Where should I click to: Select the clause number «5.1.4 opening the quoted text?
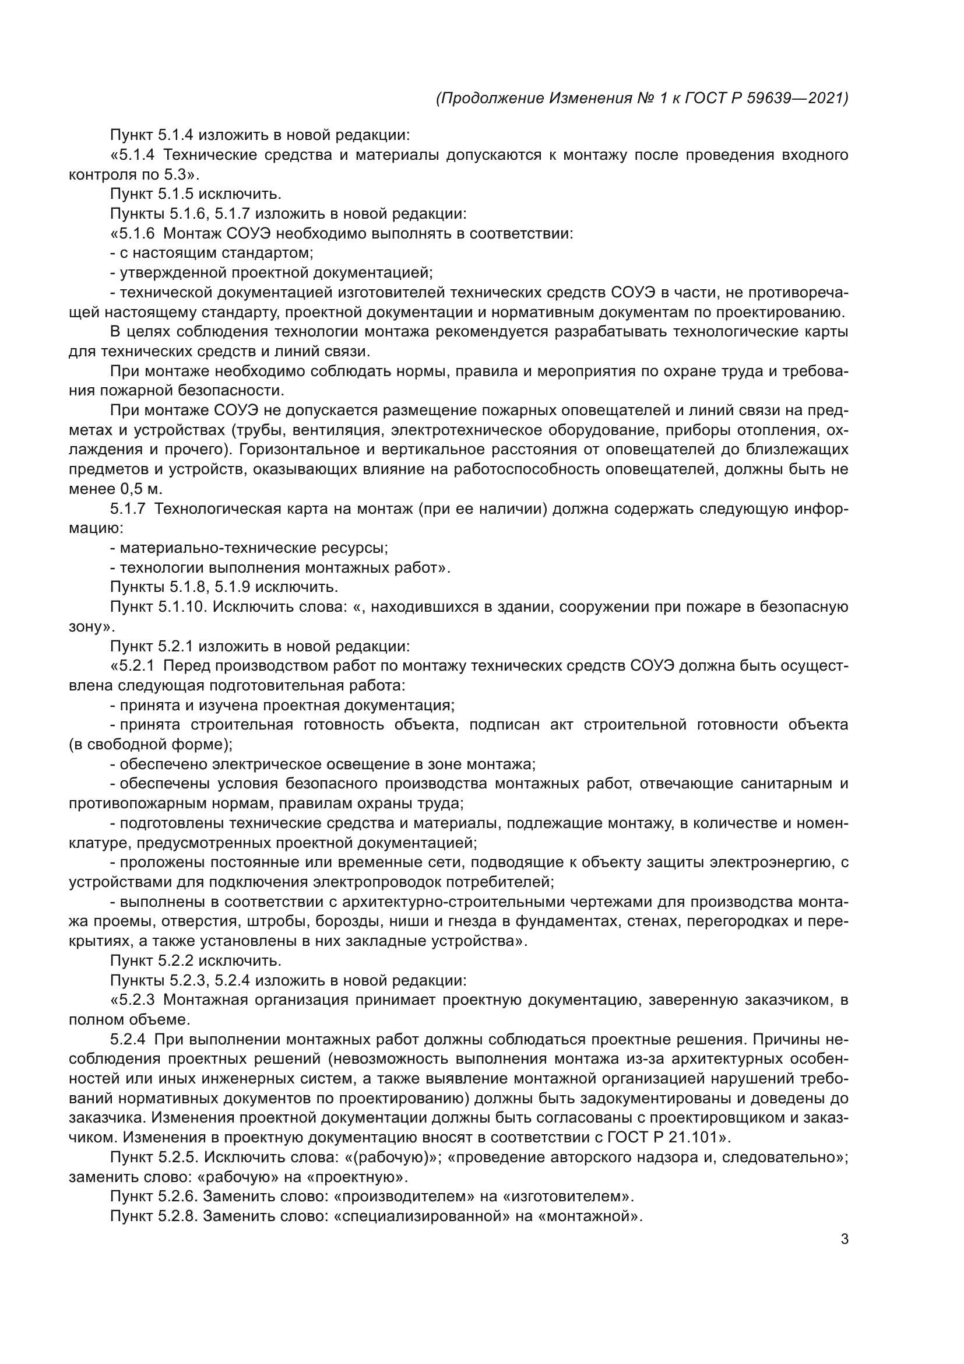point(133,155)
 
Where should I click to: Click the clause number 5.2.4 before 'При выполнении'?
point(127,1039)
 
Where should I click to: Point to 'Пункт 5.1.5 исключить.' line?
point(195,194)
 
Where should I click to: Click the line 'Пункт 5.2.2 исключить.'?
point(195,960)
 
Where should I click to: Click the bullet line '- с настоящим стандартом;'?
point(212,253)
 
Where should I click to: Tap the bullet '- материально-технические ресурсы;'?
point(249,548)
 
